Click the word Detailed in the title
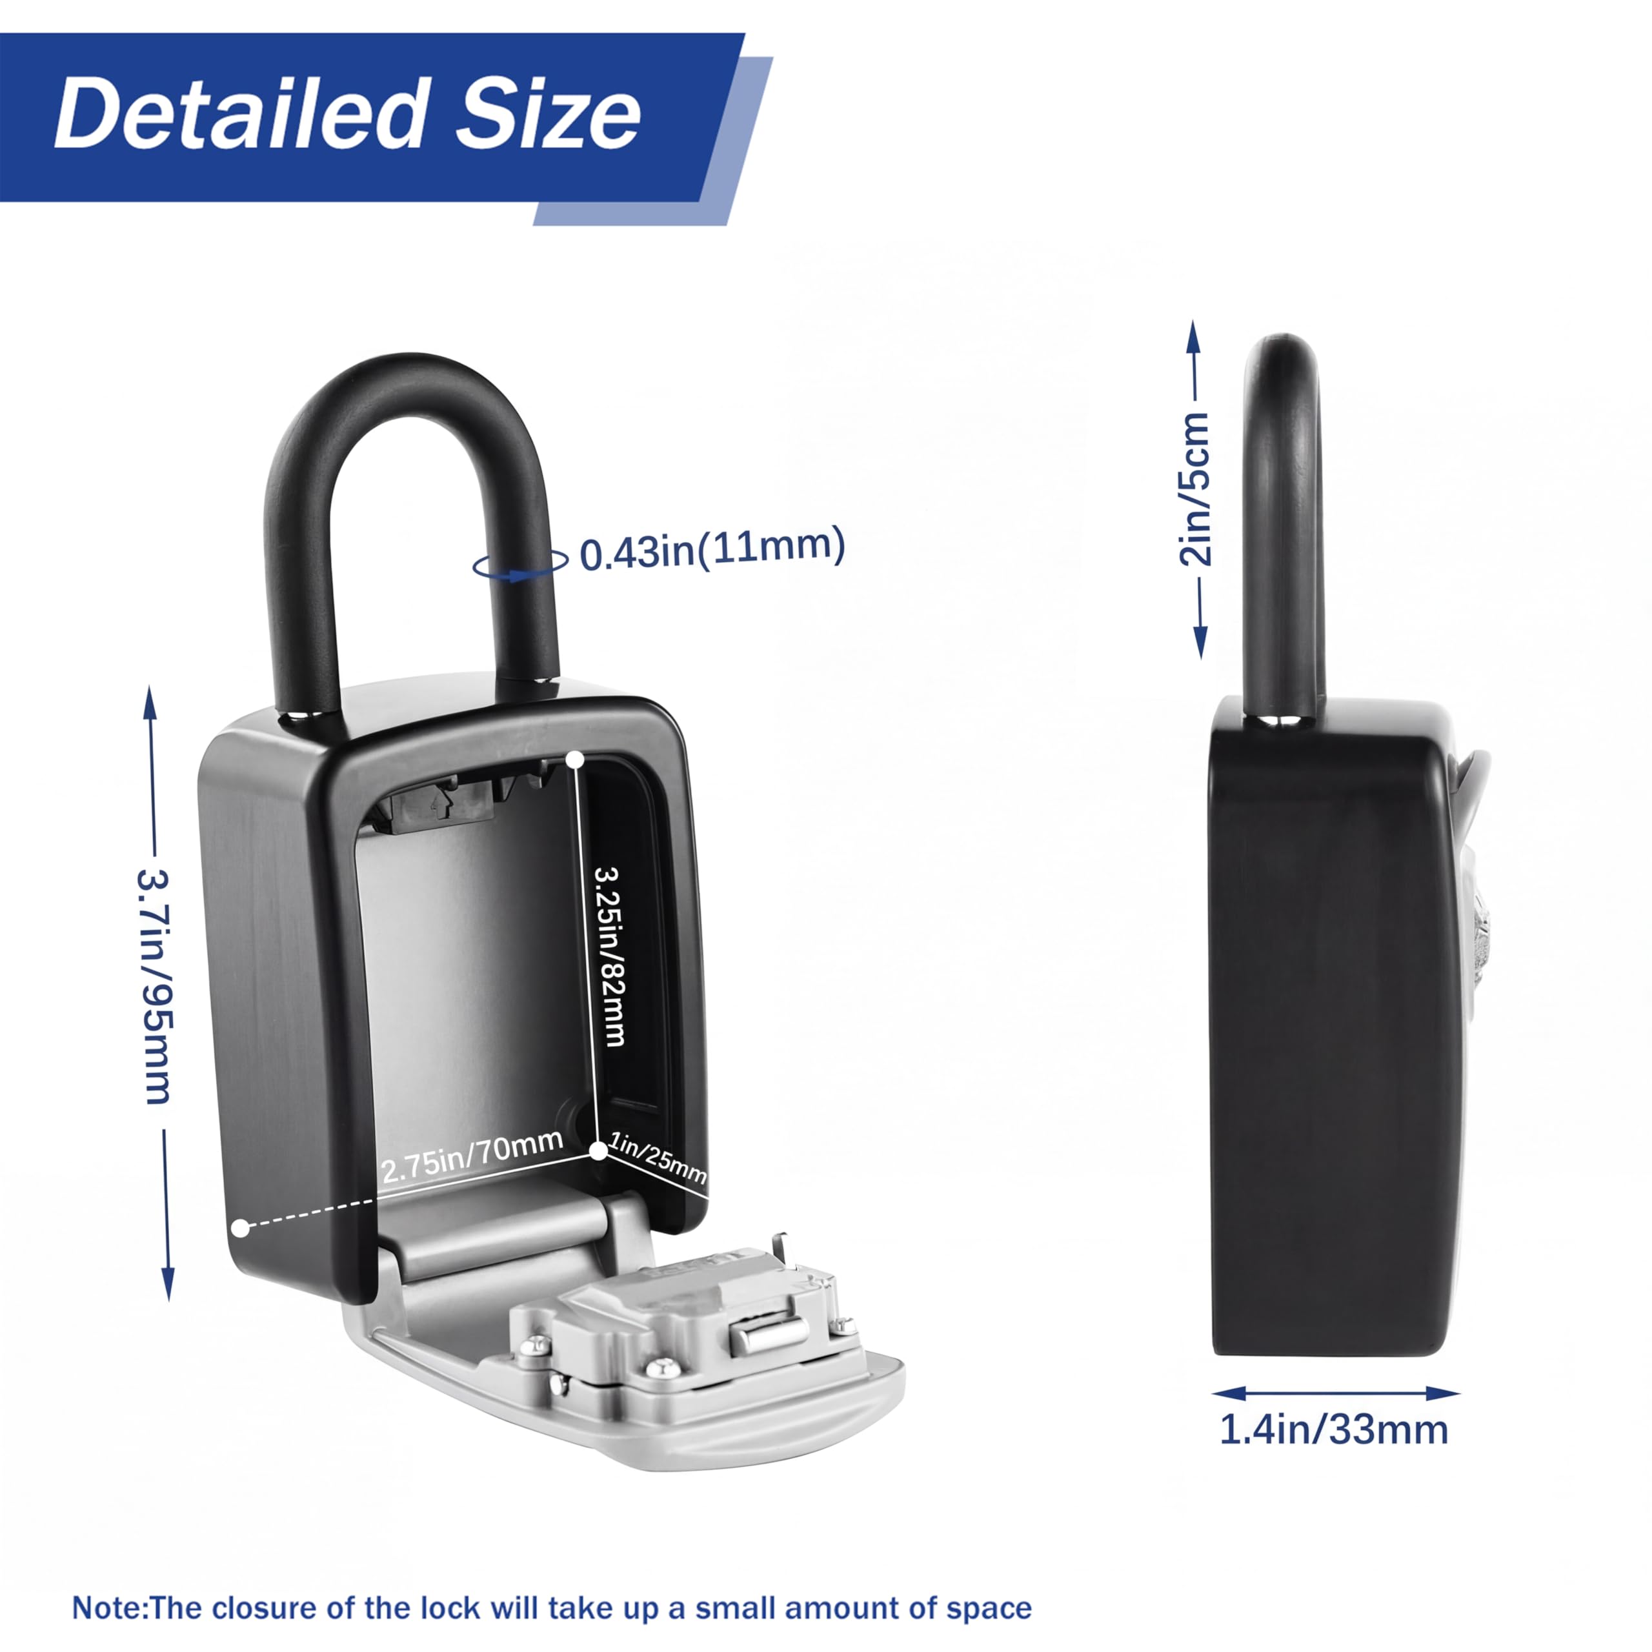240,113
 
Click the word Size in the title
547,113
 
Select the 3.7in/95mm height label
155,987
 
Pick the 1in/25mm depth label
658,1157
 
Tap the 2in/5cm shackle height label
1195,489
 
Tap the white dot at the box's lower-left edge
241,1228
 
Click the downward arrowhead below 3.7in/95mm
168,1283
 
